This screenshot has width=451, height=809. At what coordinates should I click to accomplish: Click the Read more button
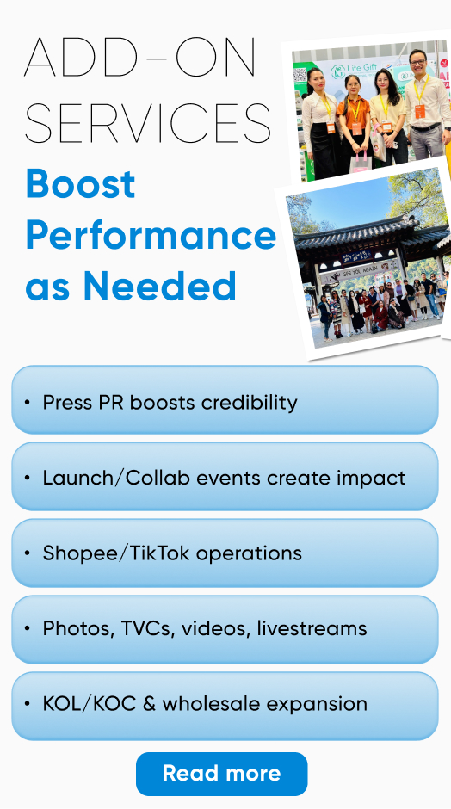(x=221, y=774)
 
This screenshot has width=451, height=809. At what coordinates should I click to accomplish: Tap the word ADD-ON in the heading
(x=139, y=57)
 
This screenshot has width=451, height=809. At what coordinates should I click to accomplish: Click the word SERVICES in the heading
(x=147, y=123)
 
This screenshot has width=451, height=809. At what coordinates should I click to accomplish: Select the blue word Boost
(x=81, y=184)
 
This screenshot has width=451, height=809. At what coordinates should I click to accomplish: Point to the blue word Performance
(x=151, y=236)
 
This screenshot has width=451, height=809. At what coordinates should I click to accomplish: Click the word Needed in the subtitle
(x=159, y=286)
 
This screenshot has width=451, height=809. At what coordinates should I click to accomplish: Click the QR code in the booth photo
(x=300, y=76)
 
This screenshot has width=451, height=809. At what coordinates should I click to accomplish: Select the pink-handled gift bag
(x=361, y=161)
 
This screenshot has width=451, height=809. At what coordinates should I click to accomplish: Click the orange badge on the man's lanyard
(x=419, y=111)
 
